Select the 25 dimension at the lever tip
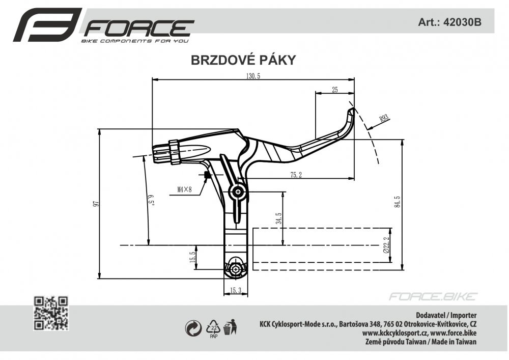334,90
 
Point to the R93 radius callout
384,119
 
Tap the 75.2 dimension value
296,175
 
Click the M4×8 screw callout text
184,189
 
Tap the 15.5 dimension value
192,257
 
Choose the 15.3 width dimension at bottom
236,290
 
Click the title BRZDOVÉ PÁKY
243,60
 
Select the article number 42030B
462,22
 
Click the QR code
51,313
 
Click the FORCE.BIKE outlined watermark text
433,296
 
